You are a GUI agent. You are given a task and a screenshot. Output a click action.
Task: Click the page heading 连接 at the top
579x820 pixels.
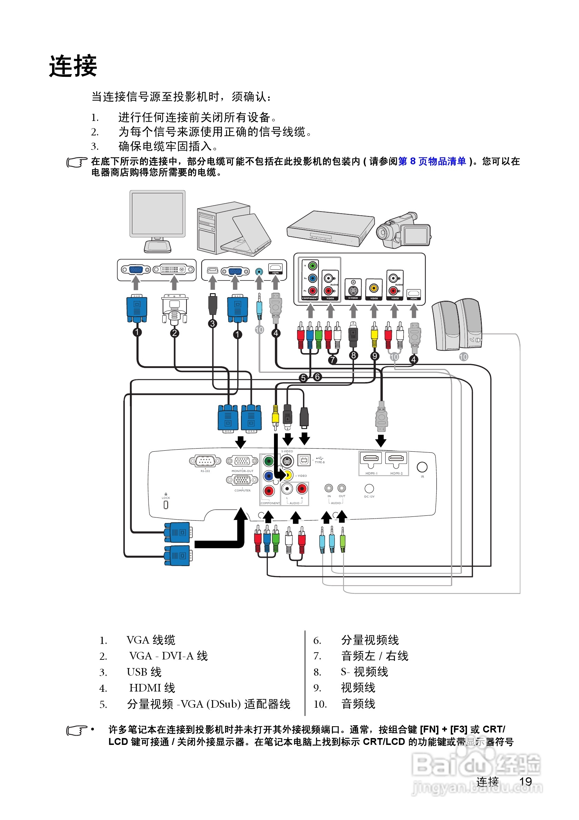point(73,66)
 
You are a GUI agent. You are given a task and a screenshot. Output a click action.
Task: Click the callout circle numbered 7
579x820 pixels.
point(332,360)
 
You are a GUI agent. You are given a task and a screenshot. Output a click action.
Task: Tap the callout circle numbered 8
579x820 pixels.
point(353,355)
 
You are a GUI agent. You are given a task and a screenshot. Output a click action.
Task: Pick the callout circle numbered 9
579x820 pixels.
point(374,356)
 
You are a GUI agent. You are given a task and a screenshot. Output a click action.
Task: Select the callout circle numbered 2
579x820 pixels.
point(174,333)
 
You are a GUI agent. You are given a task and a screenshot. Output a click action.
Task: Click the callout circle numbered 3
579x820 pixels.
point(213,324)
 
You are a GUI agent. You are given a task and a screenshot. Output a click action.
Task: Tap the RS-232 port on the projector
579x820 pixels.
point(205,461)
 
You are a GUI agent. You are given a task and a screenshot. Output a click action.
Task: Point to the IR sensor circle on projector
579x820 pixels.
point(422,467)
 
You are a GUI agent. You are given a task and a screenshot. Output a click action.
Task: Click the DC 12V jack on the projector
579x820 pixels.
point(369,488)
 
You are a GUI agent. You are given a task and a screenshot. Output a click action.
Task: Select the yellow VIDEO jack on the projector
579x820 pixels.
point(288,475)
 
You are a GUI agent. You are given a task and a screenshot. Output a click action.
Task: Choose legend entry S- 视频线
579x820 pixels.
point(364,672)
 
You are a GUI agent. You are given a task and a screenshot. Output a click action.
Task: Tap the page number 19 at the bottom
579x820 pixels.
point(525,781)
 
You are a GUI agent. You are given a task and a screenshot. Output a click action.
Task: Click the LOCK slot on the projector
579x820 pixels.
point(166,504)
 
